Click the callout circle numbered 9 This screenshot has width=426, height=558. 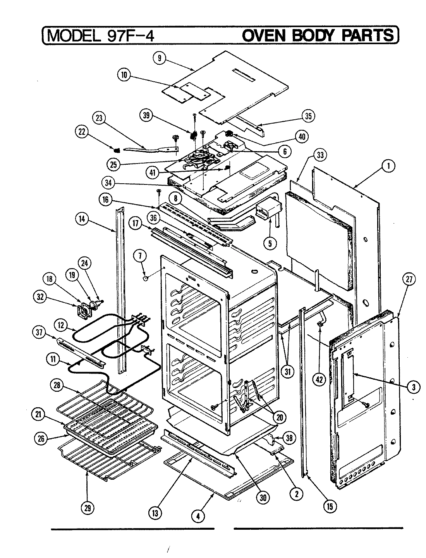coord(160,59)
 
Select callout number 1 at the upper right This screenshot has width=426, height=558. coord(387,166)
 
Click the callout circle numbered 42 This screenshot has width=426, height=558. coord(319,379)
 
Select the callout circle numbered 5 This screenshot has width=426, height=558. coord(270,243)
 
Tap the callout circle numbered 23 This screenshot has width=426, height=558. coord(99,118)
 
